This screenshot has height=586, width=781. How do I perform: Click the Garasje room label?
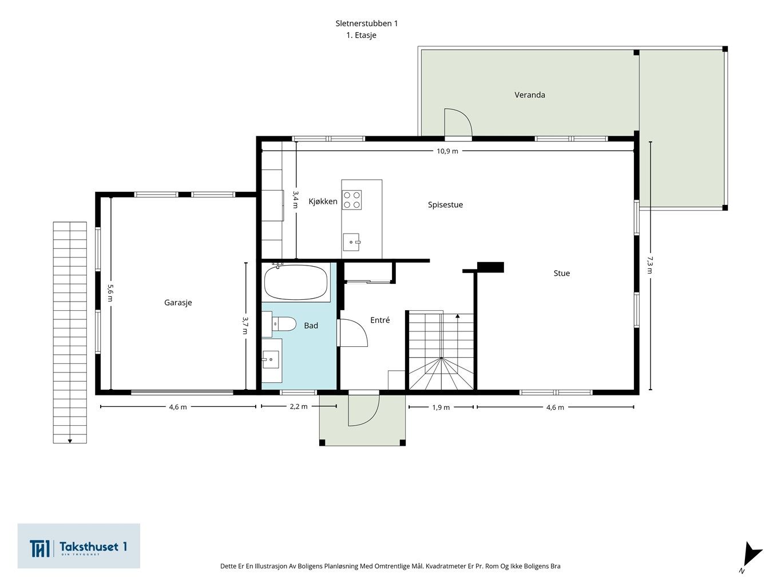pos(178,302)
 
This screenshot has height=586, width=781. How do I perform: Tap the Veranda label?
pos(529,94)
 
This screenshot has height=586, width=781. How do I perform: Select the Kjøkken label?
pos(323,201)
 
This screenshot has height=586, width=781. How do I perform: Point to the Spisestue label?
pos(445,204)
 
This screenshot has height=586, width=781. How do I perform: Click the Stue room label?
pos(561,273)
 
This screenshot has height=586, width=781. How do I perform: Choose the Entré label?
pos(380,320)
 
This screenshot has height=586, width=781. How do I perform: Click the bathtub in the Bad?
pos(296,282)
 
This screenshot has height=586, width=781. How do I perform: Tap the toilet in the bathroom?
pos(284,324)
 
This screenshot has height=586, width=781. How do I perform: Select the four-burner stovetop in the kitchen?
pos(352,200)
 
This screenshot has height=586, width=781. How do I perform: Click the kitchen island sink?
pos(351,242)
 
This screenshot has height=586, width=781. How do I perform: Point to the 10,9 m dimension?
pos(447,151)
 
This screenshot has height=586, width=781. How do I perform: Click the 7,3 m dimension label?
pos(650,265)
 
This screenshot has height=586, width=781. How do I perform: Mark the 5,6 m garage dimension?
pos(110,293)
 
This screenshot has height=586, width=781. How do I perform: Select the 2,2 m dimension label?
pos(299,406)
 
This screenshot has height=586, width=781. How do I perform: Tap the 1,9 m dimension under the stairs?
pos(441,407)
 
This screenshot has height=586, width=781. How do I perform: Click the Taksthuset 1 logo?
pos(78,545)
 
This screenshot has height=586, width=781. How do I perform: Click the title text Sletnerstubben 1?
pos(367,23)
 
